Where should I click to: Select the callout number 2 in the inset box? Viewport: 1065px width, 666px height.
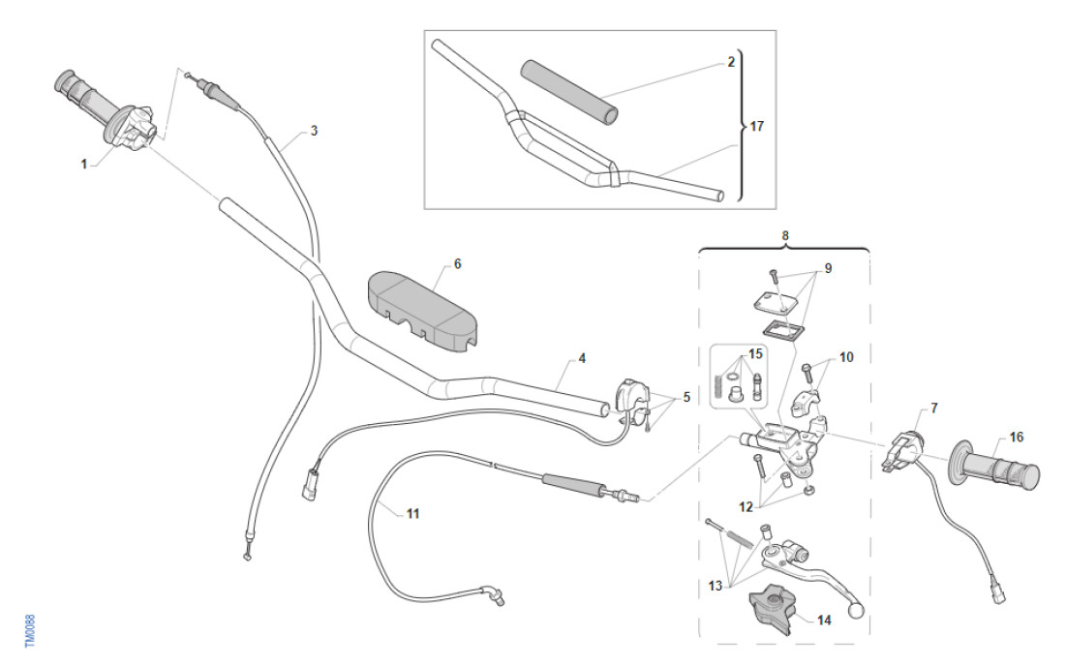pyautogui.click(x=732, y=61)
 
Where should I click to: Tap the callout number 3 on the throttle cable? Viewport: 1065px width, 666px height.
pyautogui.click(x=313, y=130)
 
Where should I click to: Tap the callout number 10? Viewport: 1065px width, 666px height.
pyautogui.click(x=846, y=357)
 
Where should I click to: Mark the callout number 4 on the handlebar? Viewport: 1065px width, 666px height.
pyautogui.click(x=582, y=358)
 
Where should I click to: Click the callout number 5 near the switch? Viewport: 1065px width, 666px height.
pyautogui.click(x=687, y=396)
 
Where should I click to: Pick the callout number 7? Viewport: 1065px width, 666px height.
pyautogui.click(x=933, y=408)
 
